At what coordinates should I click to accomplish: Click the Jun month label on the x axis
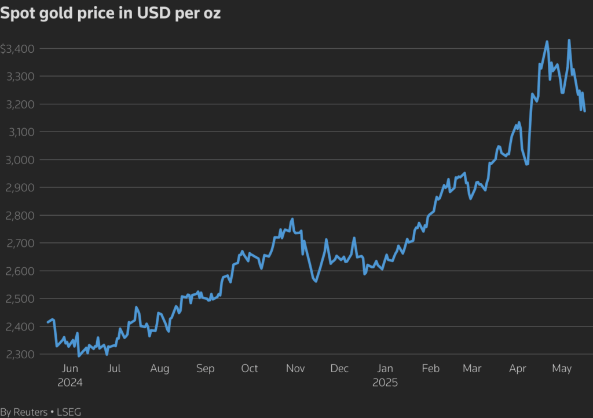click(x=69, y=369)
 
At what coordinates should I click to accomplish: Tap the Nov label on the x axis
click(x=295, y=369)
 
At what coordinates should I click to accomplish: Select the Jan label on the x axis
click(x=385, y=369)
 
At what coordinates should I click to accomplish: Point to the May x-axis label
click(x=562, y=369)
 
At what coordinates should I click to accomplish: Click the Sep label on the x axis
click(x=205, y=369)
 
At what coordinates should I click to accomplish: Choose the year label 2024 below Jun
click(x=69, y=383)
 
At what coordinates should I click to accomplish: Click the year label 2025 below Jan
click(x=385, y=383)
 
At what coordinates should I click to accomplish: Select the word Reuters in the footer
click(x=30, y=412)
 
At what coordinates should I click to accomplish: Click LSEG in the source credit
click(x=69, y=412)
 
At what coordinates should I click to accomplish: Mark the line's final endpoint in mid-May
click(x=584, y=111)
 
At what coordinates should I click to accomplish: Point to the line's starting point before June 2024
click(x=48, y=322)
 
